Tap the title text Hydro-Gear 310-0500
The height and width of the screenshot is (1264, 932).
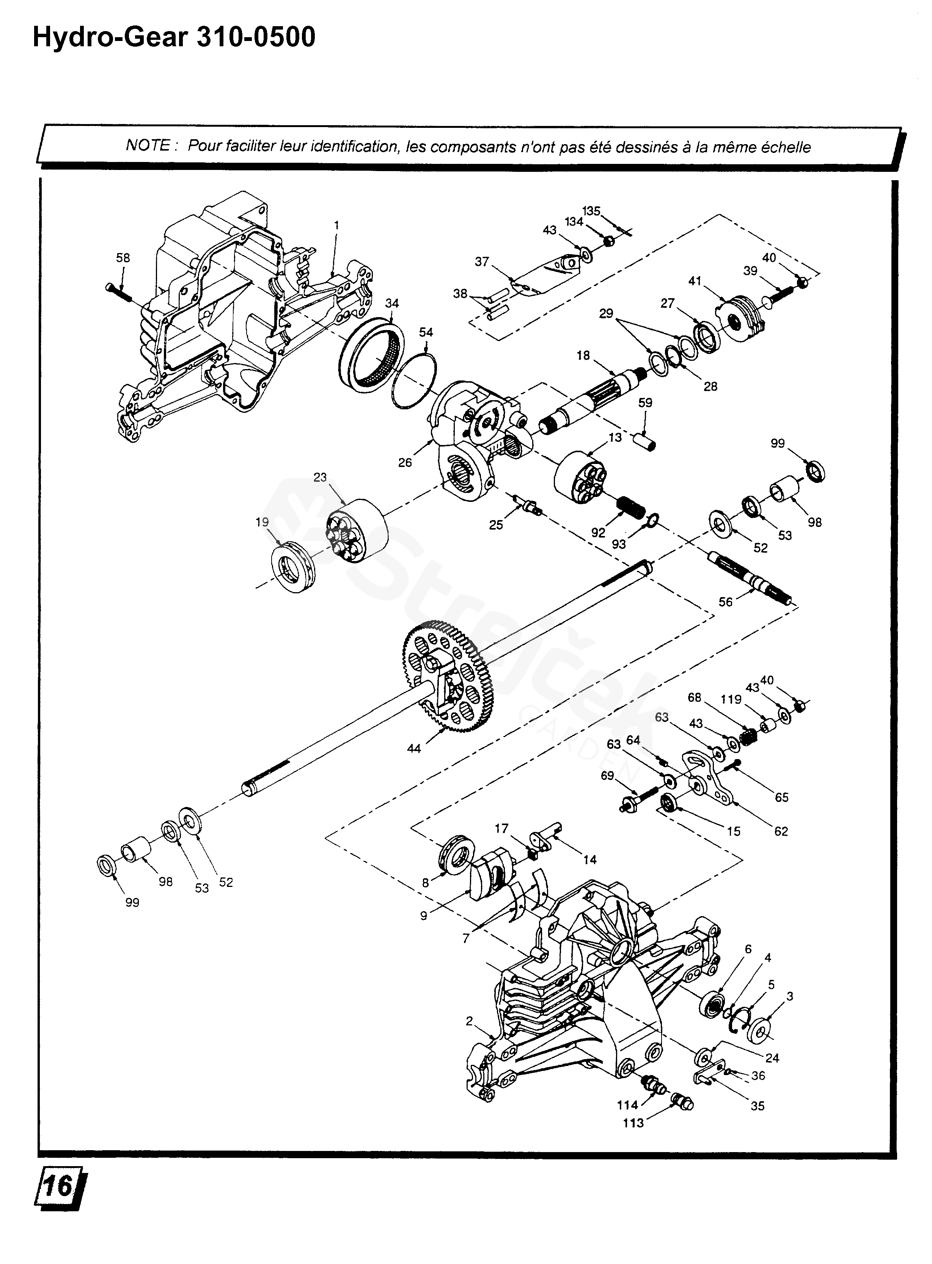pyautogui.click(x=174, y=38)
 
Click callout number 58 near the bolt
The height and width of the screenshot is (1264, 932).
pyautogui.click(x=123, y=258)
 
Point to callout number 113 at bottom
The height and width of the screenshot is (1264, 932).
pyautogui.click(x=633, y=1123)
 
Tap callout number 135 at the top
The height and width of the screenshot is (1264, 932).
pyautogui.click(x=591, y=211)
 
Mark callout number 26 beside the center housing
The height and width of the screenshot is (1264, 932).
pyautogui.click(x=405, y=463)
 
